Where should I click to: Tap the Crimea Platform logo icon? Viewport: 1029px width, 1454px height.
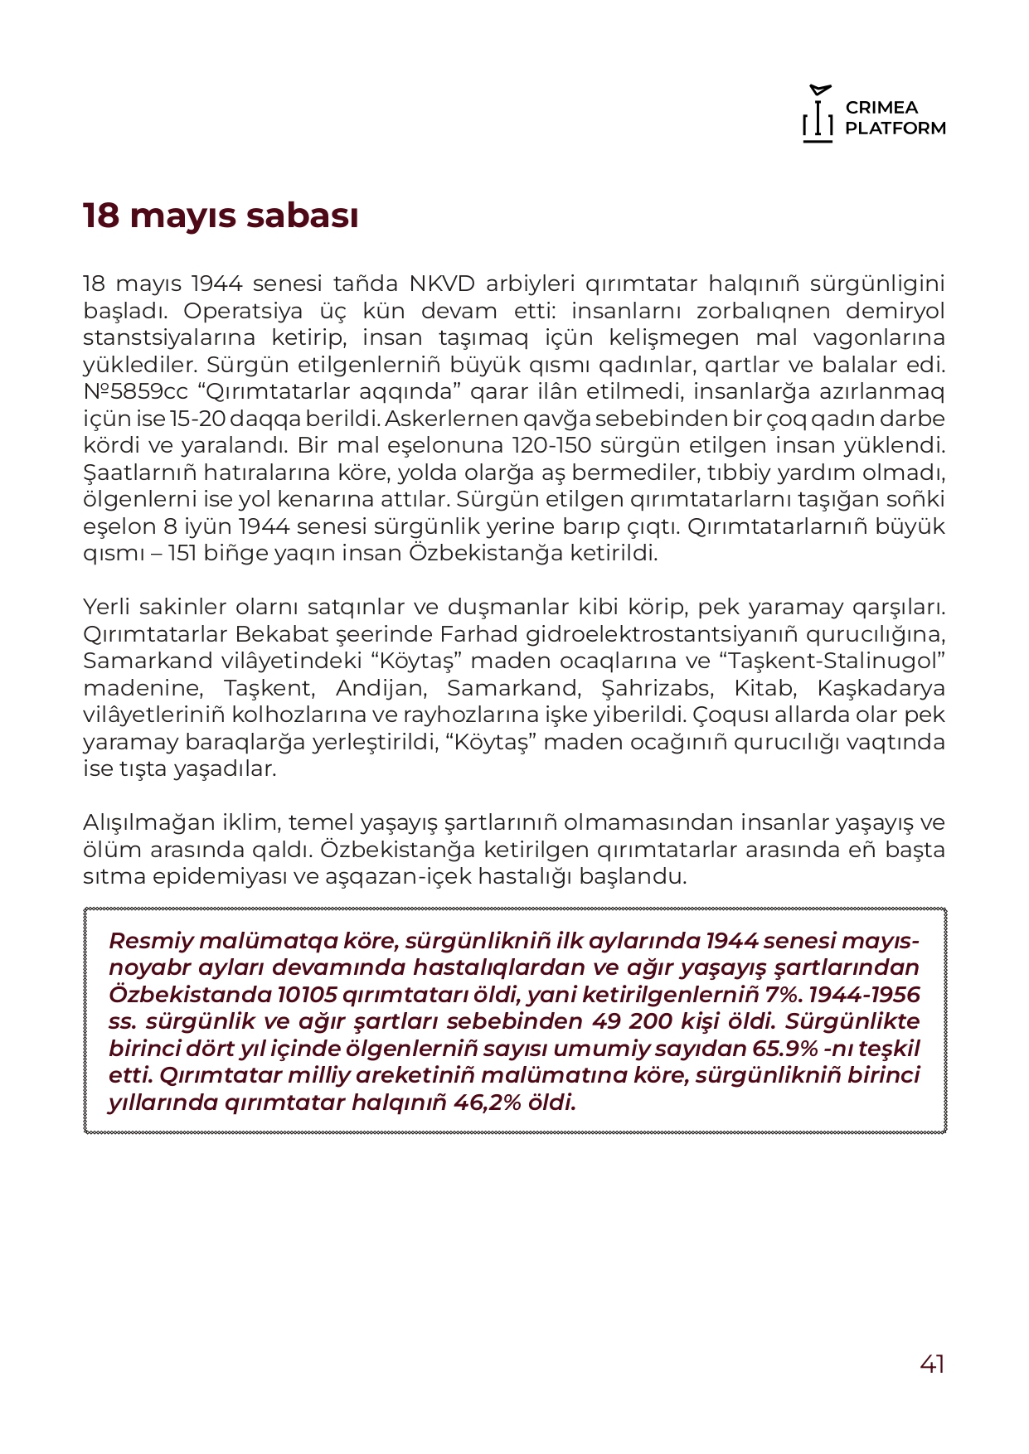point(818,114)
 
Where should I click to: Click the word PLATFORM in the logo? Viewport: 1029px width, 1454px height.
point(896,128)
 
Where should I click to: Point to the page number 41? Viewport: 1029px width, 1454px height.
point(932,1364)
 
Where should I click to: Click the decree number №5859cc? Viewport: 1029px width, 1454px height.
point(135,391)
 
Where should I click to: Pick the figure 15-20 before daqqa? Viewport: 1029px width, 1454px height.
point(197,419)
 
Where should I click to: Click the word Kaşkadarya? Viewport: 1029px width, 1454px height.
point(881,688)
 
